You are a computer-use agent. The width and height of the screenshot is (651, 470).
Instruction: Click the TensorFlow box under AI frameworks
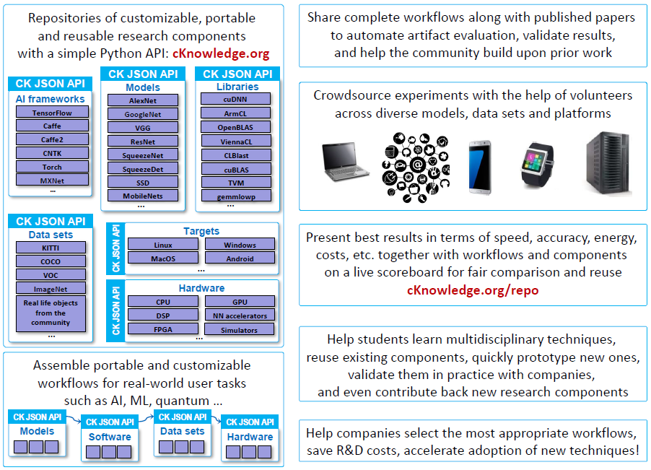tap(52, 112)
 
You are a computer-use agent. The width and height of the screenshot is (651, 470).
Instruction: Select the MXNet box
tap(52, 180)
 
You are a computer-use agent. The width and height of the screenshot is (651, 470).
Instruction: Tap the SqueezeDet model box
tap(143, 168)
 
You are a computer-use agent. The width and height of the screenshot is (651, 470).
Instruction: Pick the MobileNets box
tap(143, 196)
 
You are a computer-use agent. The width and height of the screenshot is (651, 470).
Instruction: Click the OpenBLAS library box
tap(236, 127)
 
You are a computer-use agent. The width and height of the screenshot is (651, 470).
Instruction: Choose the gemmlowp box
tap(236, 196)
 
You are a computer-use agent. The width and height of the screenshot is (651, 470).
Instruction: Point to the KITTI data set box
tap(51, 248)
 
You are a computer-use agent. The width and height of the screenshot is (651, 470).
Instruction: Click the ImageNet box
tap(51, 289)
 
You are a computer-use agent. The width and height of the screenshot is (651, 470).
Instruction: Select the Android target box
tap(240, 258)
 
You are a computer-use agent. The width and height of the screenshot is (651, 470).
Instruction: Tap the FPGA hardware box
tap(163, 328)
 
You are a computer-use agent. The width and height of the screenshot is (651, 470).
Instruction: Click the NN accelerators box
tap(240, 315)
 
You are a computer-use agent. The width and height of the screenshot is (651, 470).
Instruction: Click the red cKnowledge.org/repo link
tap(473, 290)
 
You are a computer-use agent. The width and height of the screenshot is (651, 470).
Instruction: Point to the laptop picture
tap(344, 162)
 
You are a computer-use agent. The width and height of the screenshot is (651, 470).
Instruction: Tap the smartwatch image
tap(537, 164)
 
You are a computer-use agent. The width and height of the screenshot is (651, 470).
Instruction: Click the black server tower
tap(608, 162)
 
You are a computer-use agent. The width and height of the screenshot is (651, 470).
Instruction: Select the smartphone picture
tap(480, 167)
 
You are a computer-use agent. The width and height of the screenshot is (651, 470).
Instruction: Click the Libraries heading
tap(237, 87)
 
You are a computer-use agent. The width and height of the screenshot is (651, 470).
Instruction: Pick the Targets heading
tap(201, 231)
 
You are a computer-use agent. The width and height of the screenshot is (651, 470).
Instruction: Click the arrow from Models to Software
tap(74, 418)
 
